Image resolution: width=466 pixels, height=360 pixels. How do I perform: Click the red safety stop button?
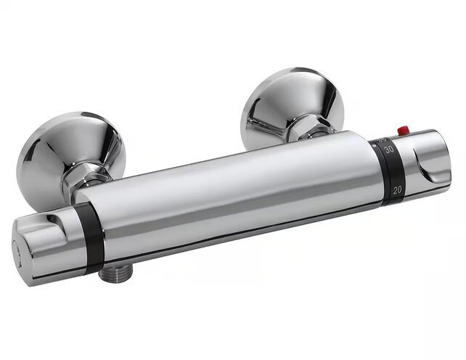(403, 130)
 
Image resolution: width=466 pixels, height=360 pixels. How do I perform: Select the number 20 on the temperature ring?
(397, 189)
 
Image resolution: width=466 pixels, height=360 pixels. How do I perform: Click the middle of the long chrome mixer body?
(232, 192)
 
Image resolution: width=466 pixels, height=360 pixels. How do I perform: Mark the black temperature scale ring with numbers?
(390, 171)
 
